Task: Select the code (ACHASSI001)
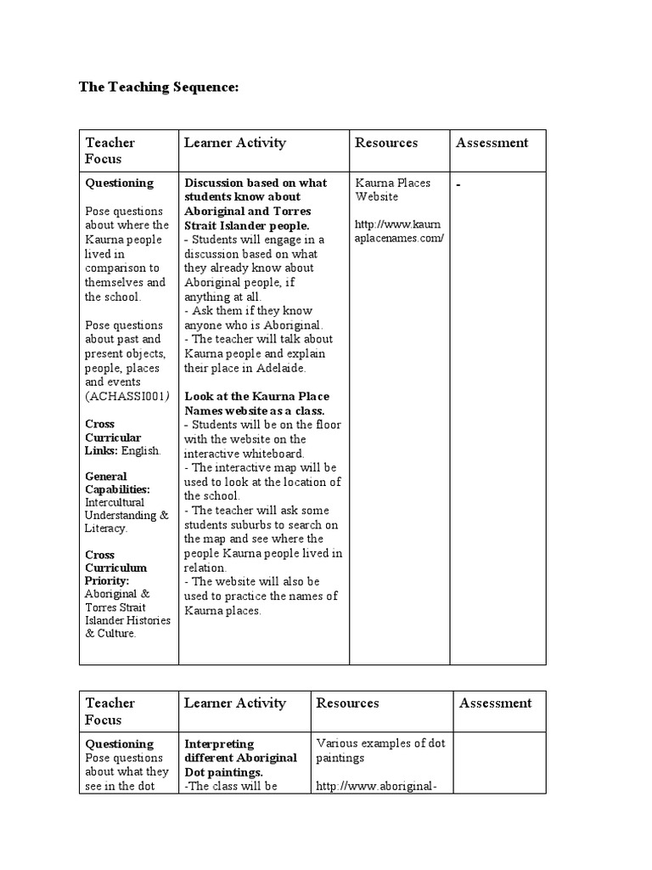coord(127,397)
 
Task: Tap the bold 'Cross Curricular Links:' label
coord(114,437)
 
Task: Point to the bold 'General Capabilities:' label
coord(117,483)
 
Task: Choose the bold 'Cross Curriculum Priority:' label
coord(115,568)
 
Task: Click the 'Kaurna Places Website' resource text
coord(392,189)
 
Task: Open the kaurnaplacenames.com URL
coord(399,231)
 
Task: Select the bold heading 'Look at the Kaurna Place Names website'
coord(256,404)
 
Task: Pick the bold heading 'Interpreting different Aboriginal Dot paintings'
coord(241,758)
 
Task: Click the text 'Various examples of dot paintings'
coord(379,750)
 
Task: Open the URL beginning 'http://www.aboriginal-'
coord(376,787)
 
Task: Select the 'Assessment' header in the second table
coord(495,703)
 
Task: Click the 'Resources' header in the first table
coord(386,143)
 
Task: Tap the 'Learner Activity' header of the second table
coord(235,703)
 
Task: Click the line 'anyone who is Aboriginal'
coord(254,325)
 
